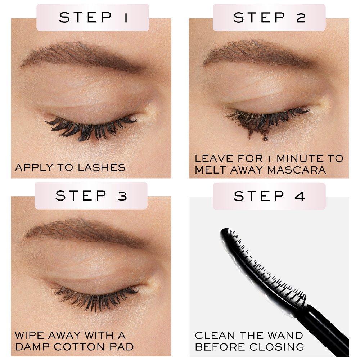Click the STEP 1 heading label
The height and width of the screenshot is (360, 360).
(93, 17)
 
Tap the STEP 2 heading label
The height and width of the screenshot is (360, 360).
(269, 17)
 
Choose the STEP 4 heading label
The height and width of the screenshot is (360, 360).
(269, 196)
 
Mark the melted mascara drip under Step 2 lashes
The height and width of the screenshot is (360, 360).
(265, 136)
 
